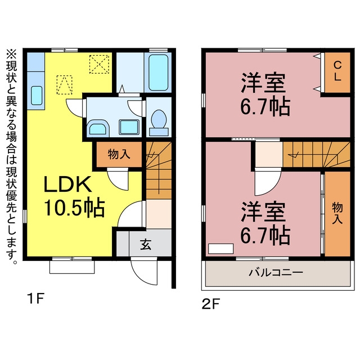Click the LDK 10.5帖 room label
tap(74, 196)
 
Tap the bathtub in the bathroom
tap(158, 73)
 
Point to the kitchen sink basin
tap(37, 96)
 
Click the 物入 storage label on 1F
tap(119, 154)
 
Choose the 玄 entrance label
tap(146, 244)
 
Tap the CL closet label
tap(337, 71)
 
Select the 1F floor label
tap(35, 299)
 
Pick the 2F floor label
tap(211, 304)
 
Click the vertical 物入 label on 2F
tap(337, 213)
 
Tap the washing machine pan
tap(129, 127)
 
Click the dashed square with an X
tap(99, 64)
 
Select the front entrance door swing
tap(144, 271)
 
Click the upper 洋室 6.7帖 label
tap(265, 94)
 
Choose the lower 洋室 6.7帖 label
tap(265, 223)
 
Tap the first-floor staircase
tap(159, 170)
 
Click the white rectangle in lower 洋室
tap(220, 249)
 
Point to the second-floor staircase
tap(316, 154)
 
